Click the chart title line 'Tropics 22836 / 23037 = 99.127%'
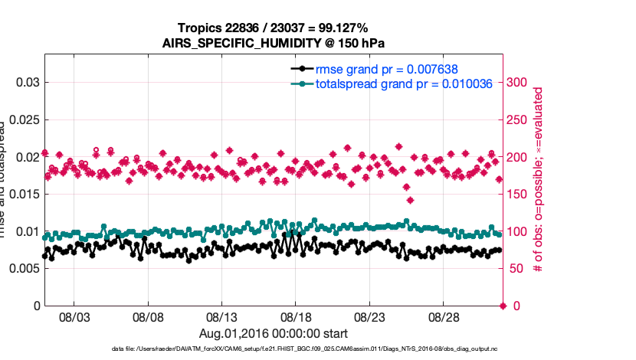tap(273, 28)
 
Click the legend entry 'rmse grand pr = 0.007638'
tap(387, 69)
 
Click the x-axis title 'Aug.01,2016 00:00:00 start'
tap(274, 333)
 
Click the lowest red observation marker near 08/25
tap(411, 201)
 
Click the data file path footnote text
tap(274, 349)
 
